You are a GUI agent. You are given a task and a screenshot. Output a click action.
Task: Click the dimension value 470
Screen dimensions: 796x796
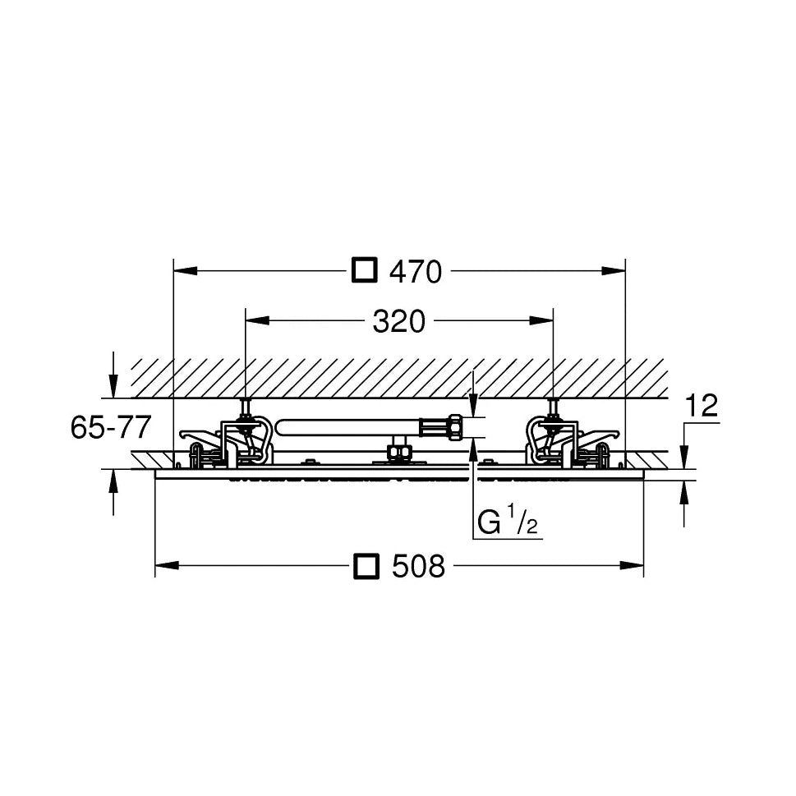coord(416,272)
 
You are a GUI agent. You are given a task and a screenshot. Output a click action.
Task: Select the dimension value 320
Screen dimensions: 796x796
coord(398,321)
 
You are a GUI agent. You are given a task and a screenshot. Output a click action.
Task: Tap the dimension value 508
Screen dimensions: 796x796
coord(418,566)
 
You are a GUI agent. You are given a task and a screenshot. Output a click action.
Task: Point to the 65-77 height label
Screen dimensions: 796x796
coord(111,427)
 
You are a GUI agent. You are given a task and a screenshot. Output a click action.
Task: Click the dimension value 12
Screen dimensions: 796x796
coord(701,405)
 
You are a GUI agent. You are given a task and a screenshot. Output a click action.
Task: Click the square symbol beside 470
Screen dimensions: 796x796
coord(365,270)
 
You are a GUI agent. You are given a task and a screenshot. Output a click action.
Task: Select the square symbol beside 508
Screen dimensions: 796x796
coord(366,565)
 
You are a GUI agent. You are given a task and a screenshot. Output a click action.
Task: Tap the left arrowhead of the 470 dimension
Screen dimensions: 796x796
coord(186,271)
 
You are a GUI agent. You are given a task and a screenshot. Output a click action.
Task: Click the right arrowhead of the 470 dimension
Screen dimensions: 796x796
coord(614,271)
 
